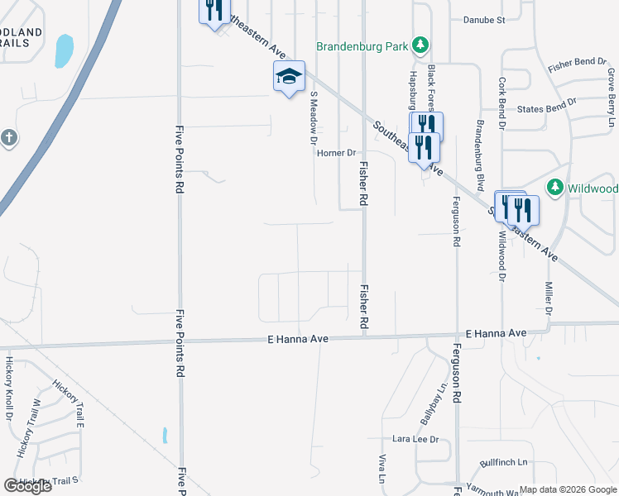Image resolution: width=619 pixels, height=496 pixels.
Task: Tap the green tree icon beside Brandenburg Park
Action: [x=420, y=44]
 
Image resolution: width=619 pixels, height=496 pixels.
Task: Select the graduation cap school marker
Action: [x=289, y=76]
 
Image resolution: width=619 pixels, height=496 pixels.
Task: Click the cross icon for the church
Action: [x=8, y=137]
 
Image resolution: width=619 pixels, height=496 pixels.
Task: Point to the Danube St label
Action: [x=484, y=20]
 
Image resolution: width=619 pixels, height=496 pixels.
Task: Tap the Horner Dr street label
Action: [x=338, y=153]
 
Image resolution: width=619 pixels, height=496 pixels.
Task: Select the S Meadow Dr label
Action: [x=314, y=118]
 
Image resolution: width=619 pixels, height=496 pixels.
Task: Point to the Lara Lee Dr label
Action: [x=415, y=439]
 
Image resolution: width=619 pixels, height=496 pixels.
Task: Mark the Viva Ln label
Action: [x=383, y=468]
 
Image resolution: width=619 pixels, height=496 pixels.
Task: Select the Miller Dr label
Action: [x=548, y=292]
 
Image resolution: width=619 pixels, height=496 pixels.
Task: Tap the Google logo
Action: [x=27, y=486]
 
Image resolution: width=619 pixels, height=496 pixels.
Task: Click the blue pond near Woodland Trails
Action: [x=64, y=50]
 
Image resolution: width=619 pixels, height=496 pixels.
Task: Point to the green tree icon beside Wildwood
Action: [x=556, y=188]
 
